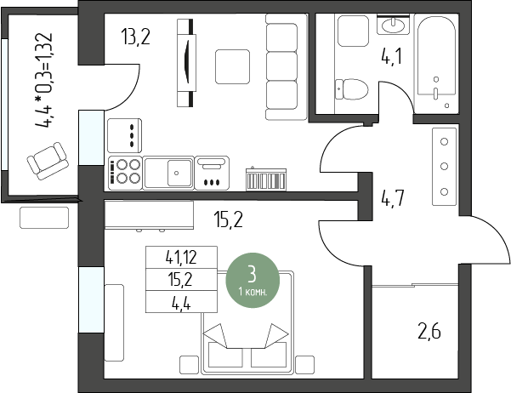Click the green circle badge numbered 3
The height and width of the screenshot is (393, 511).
(253, 280)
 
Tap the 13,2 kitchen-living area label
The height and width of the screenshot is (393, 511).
(135, 37)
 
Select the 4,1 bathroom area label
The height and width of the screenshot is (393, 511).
(391, 57)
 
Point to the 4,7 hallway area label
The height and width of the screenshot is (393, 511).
(393, 198)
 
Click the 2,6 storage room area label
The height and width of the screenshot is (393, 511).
(429, 332)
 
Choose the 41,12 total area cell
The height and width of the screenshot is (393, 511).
(181, 258)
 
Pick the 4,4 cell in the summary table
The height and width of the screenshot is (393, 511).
(181, 302)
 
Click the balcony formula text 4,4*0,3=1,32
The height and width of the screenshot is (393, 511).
(43, 80)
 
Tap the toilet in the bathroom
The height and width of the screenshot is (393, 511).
(351, 89)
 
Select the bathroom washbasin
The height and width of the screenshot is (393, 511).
(393, 24)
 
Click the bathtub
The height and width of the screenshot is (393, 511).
(436, 61)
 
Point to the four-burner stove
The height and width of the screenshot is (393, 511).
(125, 173)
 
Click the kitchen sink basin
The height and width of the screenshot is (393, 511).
(179, 173)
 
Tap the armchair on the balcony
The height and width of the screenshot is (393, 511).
(48, 161)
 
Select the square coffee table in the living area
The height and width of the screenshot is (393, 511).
(232, 66)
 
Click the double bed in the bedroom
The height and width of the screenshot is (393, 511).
(247, 322)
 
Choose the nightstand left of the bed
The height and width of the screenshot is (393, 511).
(189, 365)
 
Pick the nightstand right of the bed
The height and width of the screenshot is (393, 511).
(305, 365)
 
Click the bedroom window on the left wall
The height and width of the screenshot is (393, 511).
(91, 299)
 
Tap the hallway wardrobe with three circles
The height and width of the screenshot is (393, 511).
(444, 167)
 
